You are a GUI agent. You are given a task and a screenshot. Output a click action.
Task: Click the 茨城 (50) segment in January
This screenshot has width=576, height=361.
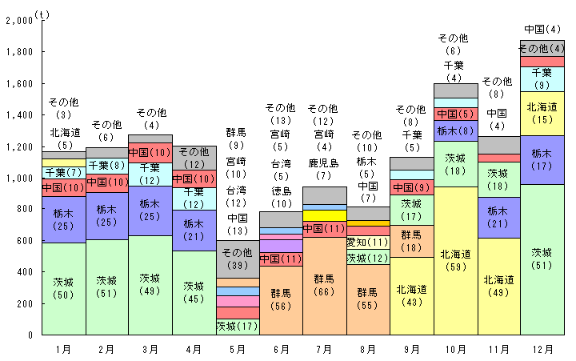coord(63,288)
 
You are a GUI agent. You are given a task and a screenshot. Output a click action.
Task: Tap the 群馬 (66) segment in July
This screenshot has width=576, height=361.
coord(324,284)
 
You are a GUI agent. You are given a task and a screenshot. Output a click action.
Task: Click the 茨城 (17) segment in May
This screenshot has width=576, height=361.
coord(238,327)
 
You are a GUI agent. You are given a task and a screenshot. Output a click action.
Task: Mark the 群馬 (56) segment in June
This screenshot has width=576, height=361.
coord(281,299)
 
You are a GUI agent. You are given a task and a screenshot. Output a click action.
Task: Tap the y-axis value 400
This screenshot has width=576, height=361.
coord(22,272)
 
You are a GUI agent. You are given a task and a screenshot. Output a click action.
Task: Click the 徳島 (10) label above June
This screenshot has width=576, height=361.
coord(281,198)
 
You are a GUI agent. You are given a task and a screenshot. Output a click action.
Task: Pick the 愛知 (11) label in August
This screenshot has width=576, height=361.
coord(368,243)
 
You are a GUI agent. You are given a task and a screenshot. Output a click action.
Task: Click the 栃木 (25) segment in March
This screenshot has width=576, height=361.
coord(150,210)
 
